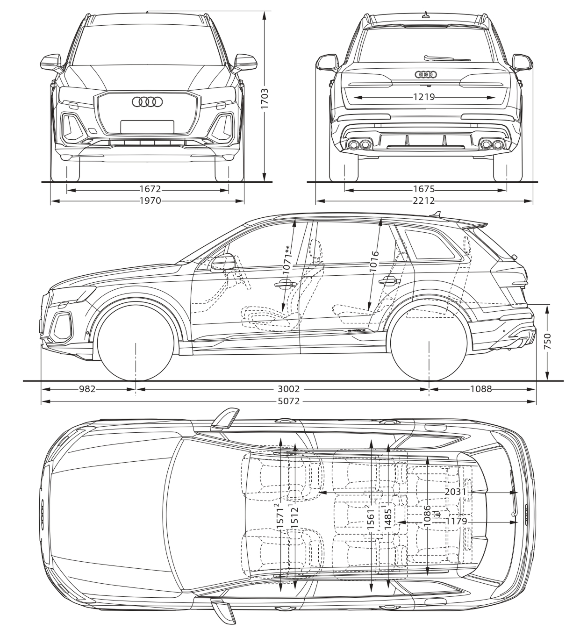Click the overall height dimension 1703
pyautogui.click(x=265, y=99)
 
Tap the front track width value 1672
pyautogui.click(x=150, y=189)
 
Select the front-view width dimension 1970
pyautogui.click(x=150, y=201)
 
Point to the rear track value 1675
pyautogui.click(x=424, y=189)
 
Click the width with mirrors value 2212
pyautogui.click(x=424, y=201)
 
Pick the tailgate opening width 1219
pyautogui.click(x=424, y=97)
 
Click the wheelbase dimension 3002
pyautogui.click(x=288, y=389)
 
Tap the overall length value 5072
pyautogui.click(x=288, y=401)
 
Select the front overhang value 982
pyautogui.click(x=87, y=389)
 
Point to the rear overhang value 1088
pyautogui.click(x=481, y=389)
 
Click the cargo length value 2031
pyautogui.click(x=456, y=492)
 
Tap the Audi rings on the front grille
pyautogui.click(x=147, y=102)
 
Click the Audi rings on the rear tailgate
pyautogui.click(x=426, y=74)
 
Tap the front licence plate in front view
pyautogui.click(x=147, y=127)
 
